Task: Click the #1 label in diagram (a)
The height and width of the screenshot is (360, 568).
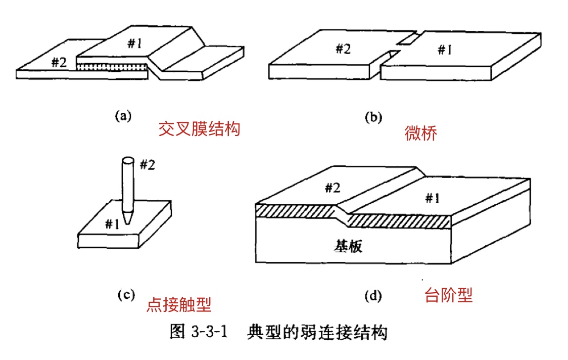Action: [134, 44]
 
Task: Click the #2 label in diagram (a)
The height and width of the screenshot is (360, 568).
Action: [59, 63]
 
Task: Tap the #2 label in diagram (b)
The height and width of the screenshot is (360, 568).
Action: [344, 49]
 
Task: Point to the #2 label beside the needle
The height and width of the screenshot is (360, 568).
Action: [147, 165]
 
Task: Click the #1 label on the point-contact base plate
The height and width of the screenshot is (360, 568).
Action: [112, 223]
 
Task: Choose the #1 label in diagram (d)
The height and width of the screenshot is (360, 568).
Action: [431, 198]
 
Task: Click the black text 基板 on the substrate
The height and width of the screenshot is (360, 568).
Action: [348, 246]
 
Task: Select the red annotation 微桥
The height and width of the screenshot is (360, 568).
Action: [420, 133]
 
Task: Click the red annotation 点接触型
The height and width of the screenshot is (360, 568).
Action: [178, 304]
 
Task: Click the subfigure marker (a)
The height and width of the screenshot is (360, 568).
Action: [123, 116]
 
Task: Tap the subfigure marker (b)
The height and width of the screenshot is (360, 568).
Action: [373, 117]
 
